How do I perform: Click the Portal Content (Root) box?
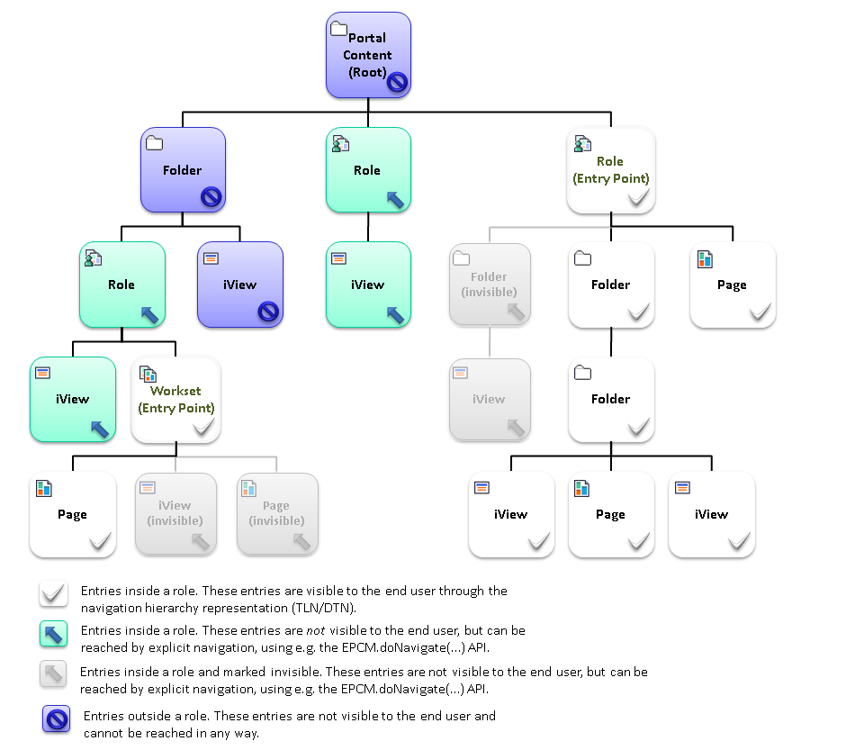pyautogui.click(x=368, y=55)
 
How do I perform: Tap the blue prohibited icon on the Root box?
pyautogui.click(x=397, y=83)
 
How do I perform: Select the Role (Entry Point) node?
pyautogui.click(x=610, y=170)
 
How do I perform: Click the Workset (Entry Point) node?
pyautogui.click(x=175, y=400)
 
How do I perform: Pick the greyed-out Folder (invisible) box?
pyautogui.click(x=489, y=285)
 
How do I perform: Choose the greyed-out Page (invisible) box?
pyautogui.click(x=276, y=514)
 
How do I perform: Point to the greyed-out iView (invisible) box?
pyautogui.click(x=175, y=514)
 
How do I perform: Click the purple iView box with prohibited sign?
pyautogui.click(x=240, y=285)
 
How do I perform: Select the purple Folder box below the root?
pyautogui.click(x=183, y=170)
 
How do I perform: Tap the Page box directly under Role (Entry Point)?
pyautogui.click(x=732, y=285)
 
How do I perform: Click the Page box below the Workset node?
pyautogui.click(x=72, y=514)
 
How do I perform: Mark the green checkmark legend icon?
pyautogui.click(x=54, y=594)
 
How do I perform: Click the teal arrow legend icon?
pyautogui.click(x=54, y=635)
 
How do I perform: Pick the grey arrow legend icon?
pyautogui.click(x=54, y=674)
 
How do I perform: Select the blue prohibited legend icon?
pyautogui.click(x=57, y=719)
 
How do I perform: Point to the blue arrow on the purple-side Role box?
pyautogui.click(x=149, y=313)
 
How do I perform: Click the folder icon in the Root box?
pyautogui.click(x=338, y=29)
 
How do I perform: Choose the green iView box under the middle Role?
pyautogui.click(x=368, y=285)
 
